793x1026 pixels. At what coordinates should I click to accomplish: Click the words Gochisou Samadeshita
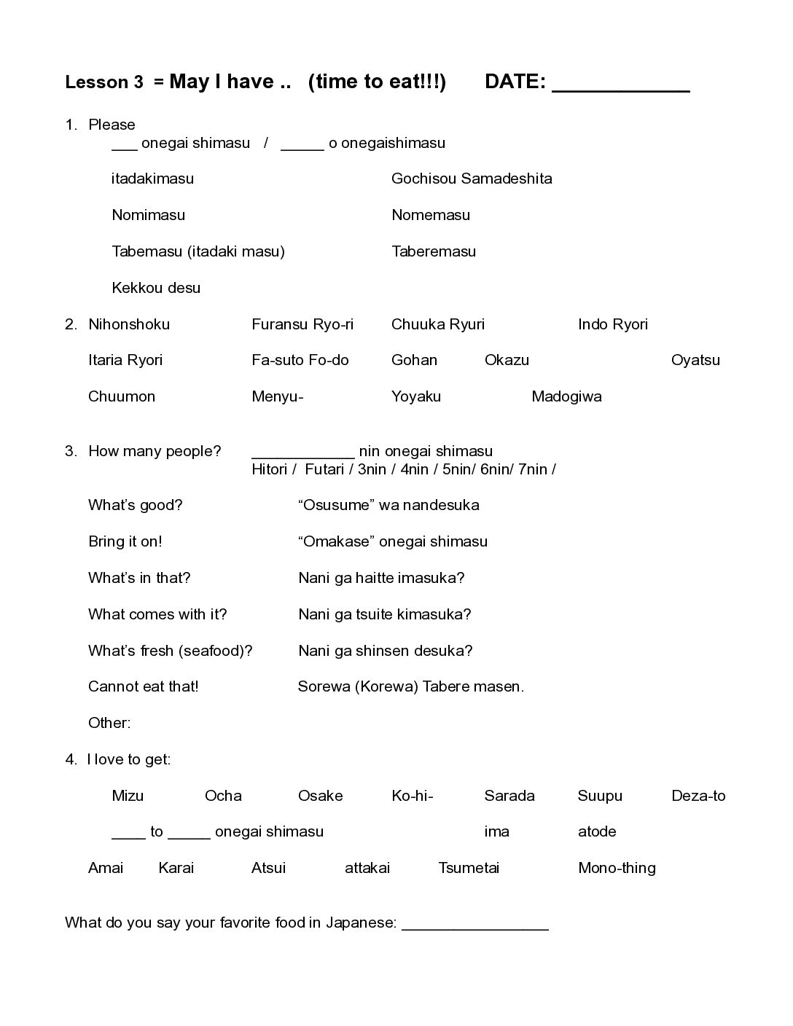tap(472, 179)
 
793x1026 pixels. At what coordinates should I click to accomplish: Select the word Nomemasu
tap(431, 215)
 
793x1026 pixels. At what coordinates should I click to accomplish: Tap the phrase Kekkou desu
tap(156, 288)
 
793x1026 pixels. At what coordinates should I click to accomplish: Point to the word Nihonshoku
tap(129, 324)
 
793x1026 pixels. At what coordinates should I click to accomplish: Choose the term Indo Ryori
tap(613, 324)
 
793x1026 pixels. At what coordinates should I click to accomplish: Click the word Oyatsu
tap(695, 360)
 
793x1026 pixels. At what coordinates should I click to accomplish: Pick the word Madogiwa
tap(566, 396)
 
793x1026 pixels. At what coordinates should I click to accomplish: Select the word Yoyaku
tap(416, 396)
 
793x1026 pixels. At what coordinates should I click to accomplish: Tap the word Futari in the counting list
tap(324, 469)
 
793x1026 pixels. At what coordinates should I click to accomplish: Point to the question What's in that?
tap(139, 578)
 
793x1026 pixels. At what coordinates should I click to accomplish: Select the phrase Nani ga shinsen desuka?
tap(386, 651)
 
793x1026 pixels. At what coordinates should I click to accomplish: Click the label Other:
tap(109, 723)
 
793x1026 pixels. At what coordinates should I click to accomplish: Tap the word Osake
tap(321, 796)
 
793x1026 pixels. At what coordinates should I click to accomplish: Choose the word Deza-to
tap(698, 796)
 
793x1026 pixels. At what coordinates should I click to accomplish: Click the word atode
tap(597, 831)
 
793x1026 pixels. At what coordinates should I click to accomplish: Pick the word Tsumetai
tap(469, 868)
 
